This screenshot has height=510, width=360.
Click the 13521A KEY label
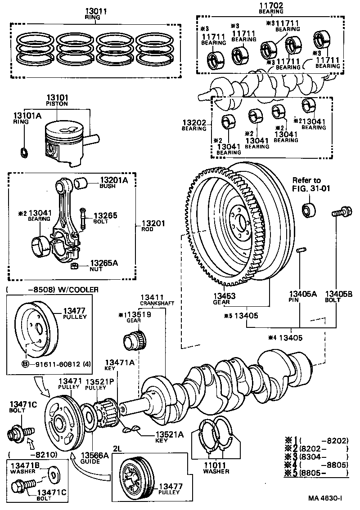(x=170, y=437)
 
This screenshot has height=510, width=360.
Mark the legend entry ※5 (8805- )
(x=317, y=473)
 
